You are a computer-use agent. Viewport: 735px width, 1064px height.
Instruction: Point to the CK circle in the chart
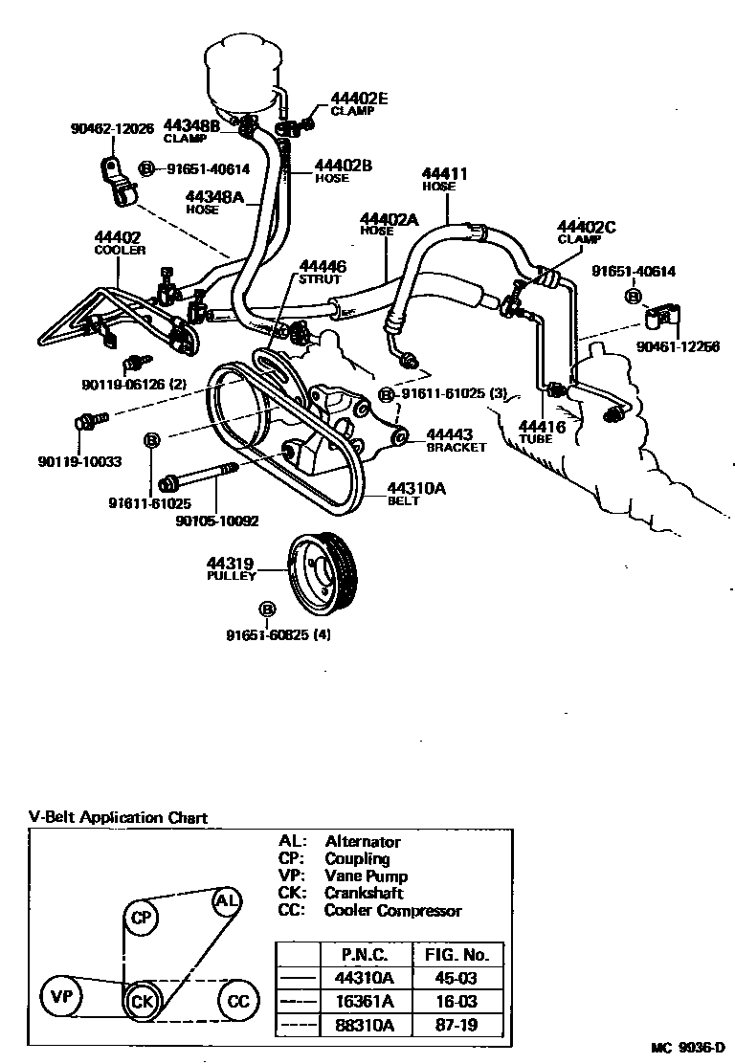coord(142,1001)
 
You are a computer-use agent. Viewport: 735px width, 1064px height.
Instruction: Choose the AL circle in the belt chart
coord(226,902)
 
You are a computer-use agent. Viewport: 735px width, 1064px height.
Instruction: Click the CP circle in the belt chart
coord(141,917)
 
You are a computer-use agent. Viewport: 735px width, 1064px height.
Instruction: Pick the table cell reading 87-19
coord(457,1025)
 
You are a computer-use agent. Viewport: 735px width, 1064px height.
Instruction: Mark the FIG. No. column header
coord(457,954)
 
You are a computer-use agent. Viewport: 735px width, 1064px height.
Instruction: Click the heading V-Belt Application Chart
coord(117,818)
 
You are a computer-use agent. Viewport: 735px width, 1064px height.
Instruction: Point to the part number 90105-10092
coord(217,521)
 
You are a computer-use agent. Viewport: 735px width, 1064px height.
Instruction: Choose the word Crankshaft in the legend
coord(365,894)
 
